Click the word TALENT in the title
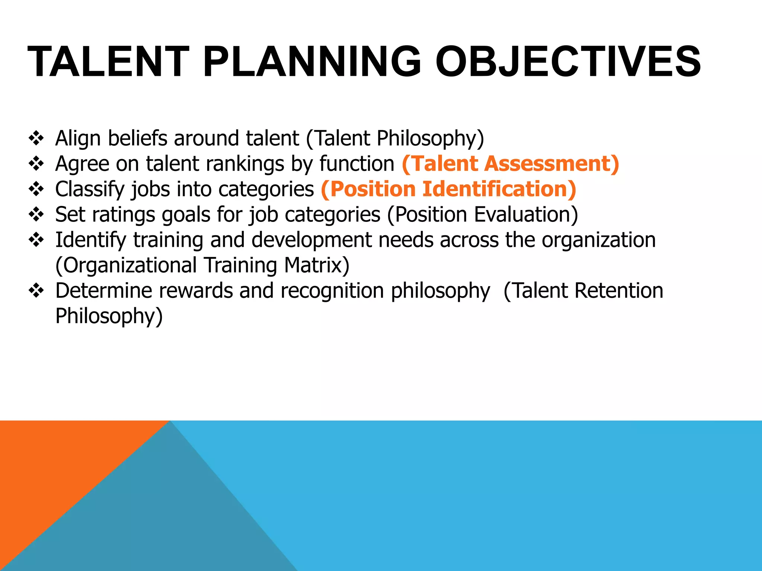[x=108, y=62]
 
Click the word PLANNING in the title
[x=312, y=62]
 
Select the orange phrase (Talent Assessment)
[x=510, y=164]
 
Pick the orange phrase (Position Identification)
[x=448, y=189]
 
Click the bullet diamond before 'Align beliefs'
[x=36, y=138]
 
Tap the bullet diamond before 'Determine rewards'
[x=36, y=291]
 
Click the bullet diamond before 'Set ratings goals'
[x=36, y=214]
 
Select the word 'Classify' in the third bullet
[x=89, y=189]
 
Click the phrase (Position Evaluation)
[x=483, y=214]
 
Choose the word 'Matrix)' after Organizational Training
[x=317, y=265]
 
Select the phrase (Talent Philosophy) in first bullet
[x=395, y=138]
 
